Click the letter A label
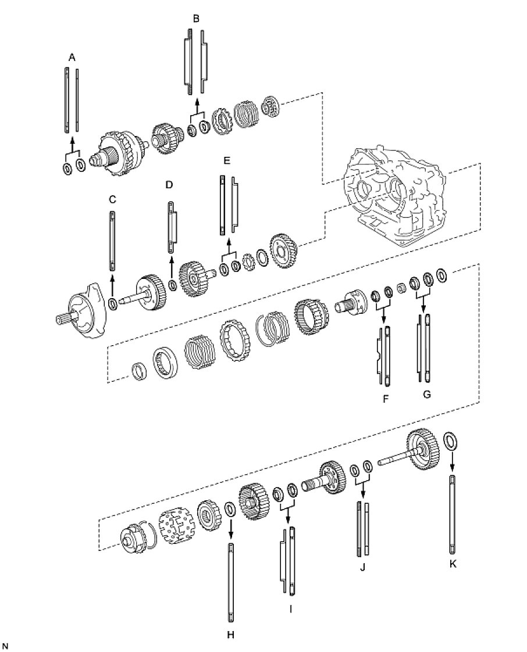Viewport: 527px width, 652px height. coord(72,57)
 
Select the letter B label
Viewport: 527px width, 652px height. coord(196,19)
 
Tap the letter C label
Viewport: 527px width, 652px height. coord(112,199)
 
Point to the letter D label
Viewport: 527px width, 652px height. coord(169,185)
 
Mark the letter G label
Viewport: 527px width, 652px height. coord(427,395)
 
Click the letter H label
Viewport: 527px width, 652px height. coord(231,635)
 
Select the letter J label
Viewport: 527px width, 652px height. coord(362,567)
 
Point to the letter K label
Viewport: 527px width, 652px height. coord(453,564)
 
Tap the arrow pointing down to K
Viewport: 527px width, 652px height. coord(453,462)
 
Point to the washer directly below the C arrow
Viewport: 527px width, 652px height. coord(113,303)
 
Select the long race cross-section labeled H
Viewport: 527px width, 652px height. coord(231,581)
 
